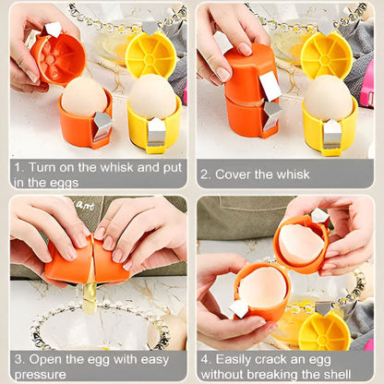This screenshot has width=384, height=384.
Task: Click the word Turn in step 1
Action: [42, 167]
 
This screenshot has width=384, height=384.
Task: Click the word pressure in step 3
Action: [41, 375]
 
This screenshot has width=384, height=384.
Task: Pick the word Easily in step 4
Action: [234, 360]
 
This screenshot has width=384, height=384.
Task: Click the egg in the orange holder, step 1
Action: [84, 96]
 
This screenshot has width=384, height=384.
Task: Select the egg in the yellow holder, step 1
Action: [152, 96]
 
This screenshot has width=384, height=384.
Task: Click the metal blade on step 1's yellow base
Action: [156, 132]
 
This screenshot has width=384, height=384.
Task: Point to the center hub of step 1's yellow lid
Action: [150, 58]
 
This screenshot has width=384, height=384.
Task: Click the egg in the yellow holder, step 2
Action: [328, 97]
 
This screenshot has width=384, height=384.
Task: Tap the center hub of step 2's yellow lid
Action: [325, 59]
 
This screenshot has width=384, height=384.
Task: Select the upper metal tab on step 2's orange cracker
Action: [270, 86]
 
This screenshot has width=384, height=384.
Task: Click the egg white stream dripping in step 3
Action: [89, 298]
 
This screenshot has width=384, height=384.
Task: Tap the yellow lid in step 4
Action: [324, 331]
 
